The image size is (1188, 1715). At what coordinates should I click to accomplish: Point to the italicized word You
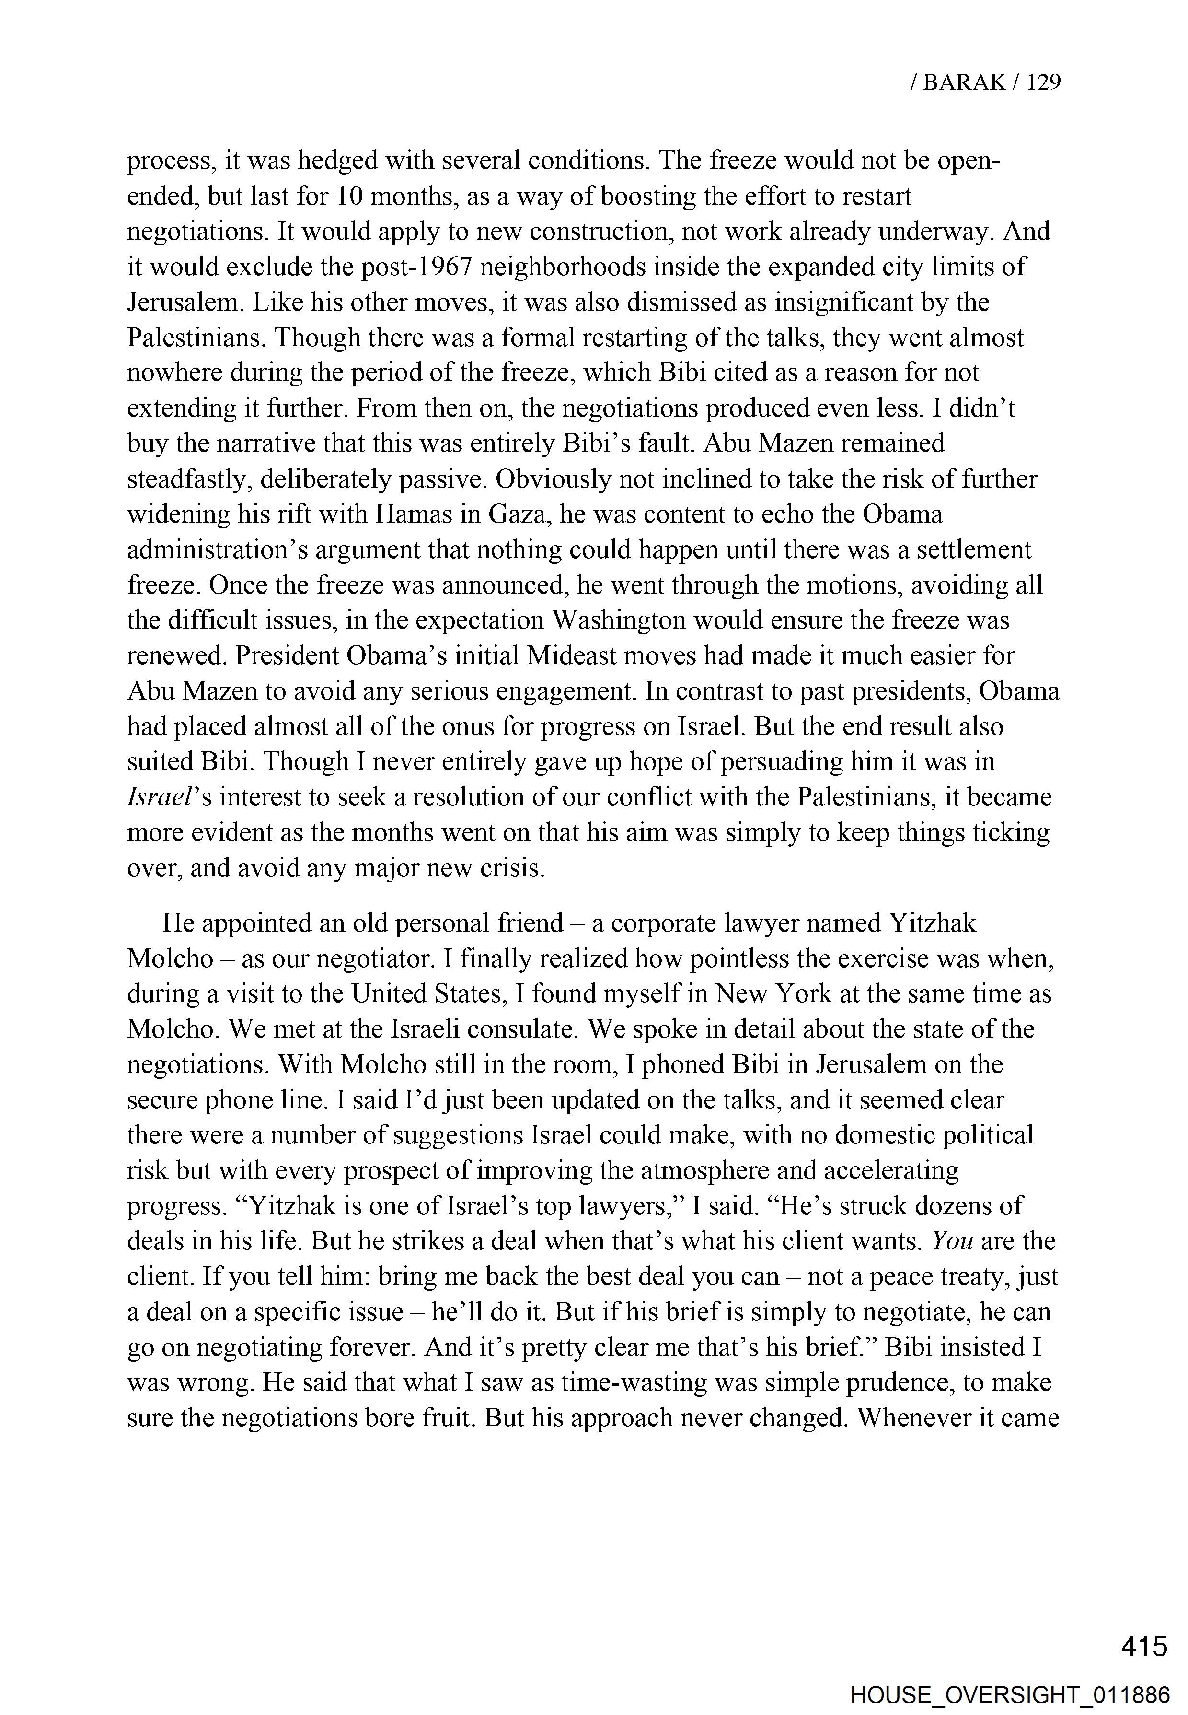[x=952, y=1241]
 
